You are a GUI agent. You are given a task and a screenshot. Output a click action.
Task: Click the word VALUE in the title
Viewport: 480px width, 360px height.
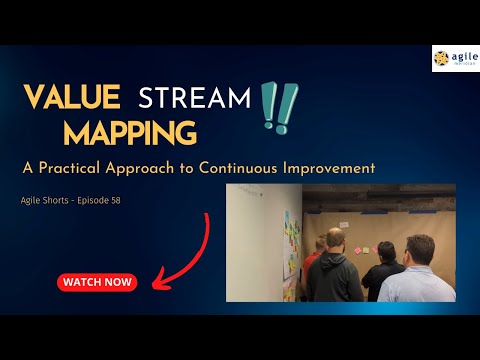(73, 97)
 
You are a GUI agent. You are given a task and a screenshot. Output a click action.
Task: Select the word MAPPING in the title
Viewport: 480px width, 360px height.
(130, 132)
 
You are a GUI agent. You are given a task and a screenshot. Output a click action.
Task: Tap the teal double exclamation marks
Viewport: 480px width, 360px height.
(276, 107)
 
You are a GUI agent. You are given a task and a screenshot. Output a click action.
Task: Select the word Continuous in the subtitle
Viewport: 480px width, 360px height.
(256, 167)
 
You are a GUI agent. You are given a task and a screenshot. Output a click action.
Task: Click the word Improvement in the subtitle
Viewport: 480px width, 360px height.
(333, 167)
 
